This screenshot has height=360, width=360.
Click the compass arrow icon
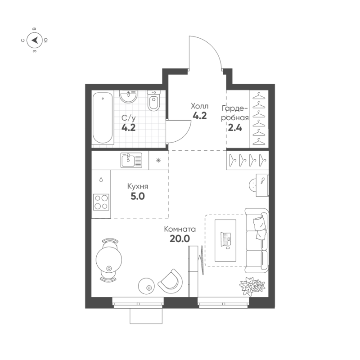pos(35,40)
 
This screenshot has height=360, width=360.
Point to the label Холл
pos(199,106)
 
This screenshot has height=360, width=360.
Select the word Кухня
pos(138,187)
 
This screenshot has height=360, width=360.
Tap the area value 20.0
pos(179,238)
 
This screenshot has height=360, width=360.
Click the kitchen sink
pos(130,160)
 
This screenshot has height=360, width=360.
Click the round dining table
pos(109,259)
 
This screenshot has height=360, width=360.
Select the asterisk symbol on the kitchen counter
pos(157,160)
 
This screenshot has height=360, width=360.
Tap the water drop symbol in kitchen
pos(101,180)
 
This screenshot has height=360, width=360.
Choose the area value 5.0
pos(138,196)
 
